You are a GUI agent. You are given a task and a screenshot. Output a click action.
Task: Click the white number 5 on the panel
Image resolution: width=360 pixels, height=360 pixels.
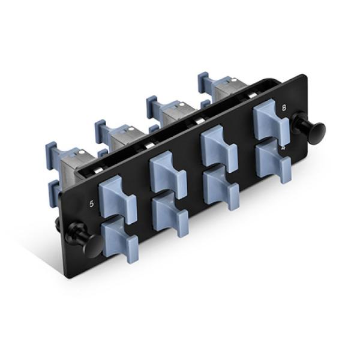pyautogui.click(x=92, y=203)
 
